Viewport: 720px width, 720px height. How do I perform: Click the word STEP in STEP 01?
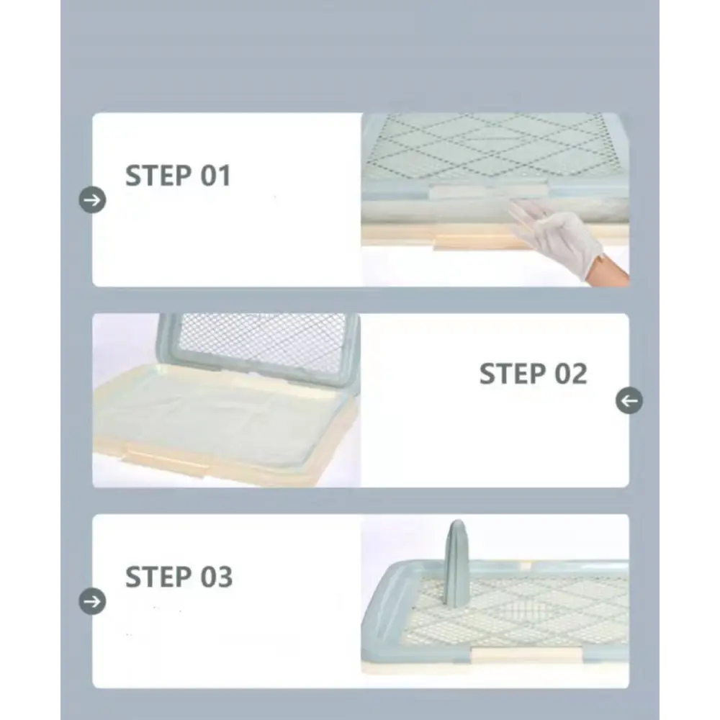(159, 176)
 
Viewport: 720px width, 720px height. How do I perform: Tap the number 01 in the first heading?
(215, 176)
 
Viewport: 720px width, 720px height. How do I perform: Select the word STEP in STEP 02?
(513, 374)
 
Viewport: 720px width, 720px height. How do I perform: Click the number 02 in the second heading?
(571, 374)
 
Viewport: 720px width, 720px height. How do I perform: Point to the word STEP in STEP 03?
(159, 577)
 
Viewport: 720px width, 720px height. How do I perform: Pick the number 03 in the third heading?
(216, 577)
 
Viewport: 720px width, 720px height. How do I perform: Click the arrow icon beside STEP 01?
(92, 200)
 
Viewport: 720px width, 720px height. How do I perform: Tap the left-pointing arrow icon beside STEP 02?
(629, 400)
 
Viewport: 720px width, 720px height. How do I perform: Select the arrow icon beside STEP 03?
(92, 601)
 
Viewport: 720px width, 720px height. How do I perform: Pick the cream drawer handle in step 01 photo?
(477, 242)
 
